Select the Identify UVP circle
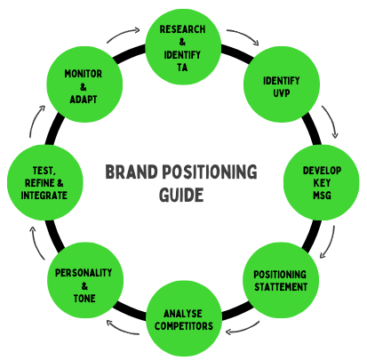click(282, 87)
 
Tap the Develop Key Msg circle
click(323, 182)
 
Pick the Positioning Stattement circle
click(281, 280)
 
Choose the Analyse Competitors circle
click(183, 320)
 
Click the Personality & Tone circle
click(83, 280)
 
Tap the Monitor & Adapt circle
click(83, 86)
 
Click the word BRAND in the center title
click(134, 172)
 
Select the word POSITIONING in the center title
click(211, 172)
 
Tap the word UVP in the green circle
click(282, 92)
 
